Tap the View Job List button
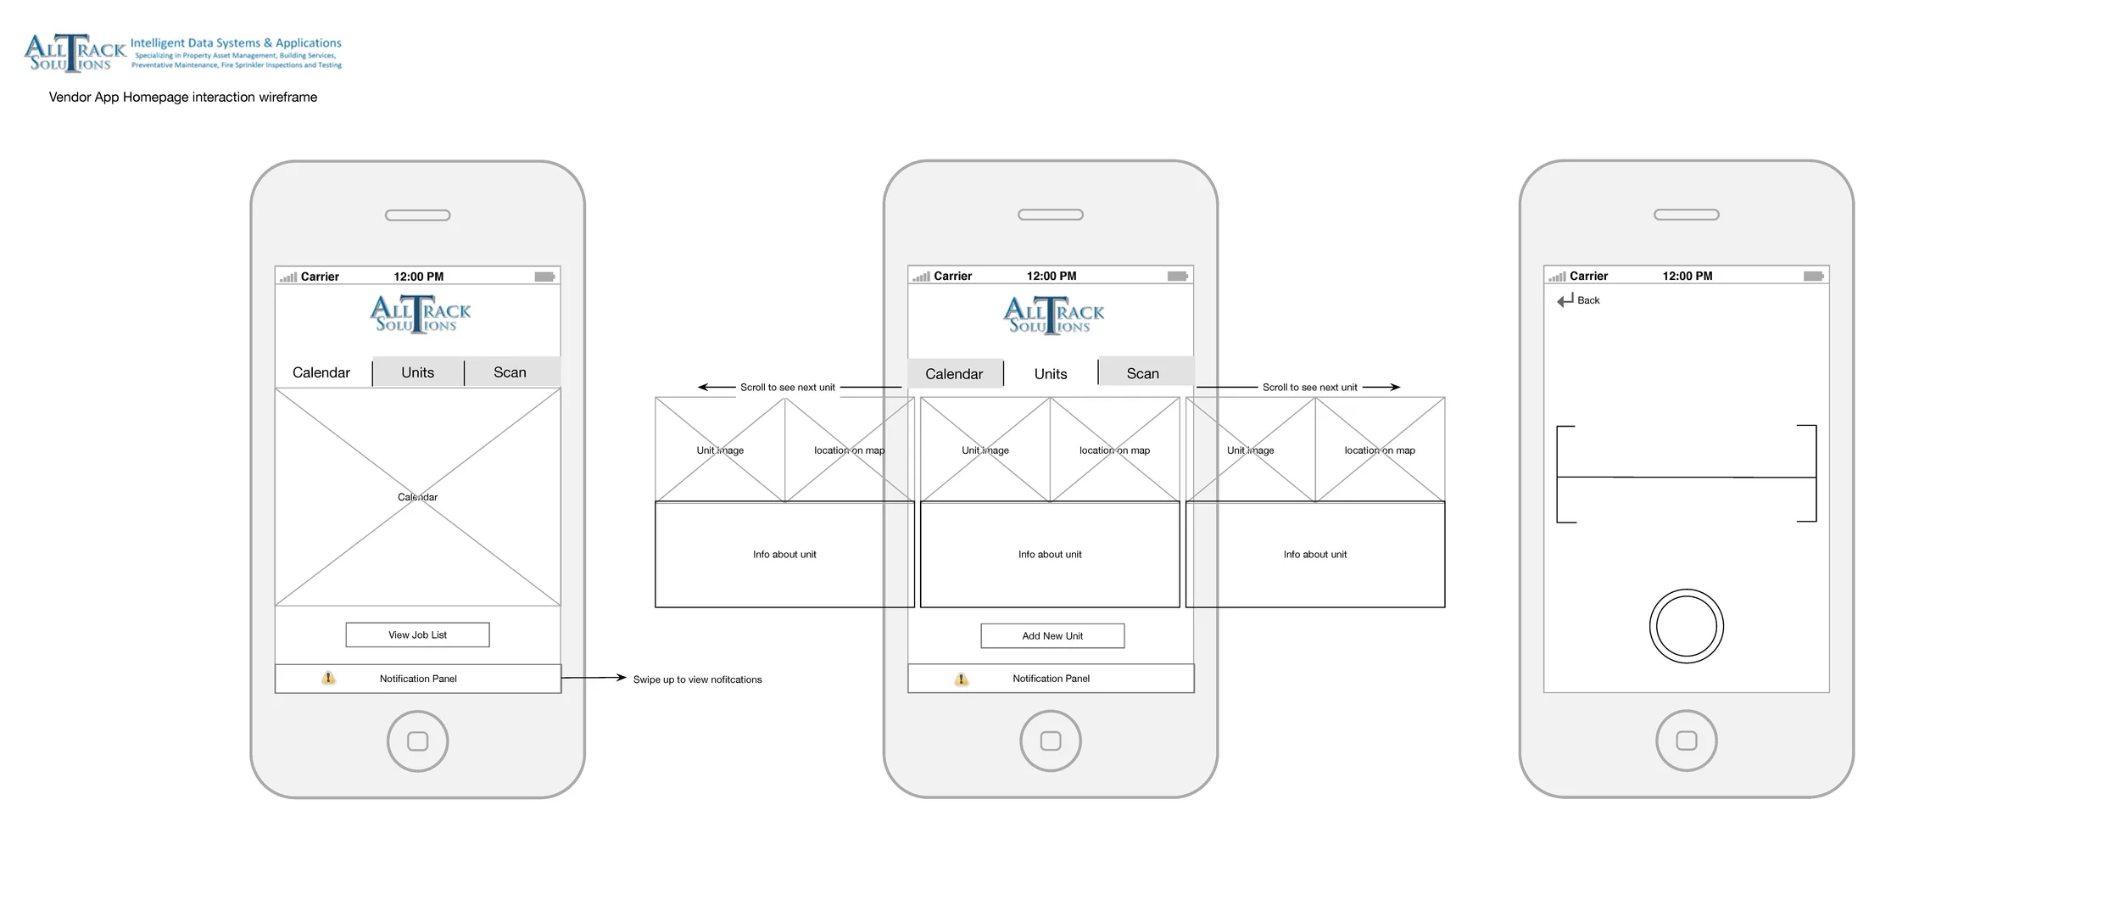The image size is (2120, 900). [x=417, y=634]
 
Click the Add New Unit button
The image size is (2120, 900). [x=1052, y=635]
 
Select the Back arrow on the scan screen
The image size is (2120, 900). [x=1565, y=300]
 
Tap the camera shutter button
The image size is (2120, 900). [x=1686, y=626]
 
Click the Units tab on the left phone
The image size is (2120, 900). [x=417, y=372]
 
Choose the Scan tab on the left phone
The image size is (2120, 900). [x=510, y=372]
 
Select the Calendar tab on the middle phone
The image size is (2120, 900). [x=954, y=374]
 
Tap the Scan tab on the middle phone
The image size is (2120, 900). [x=1142, y=373]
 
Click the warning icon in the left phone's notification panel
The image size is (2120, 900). [x=328, y=678]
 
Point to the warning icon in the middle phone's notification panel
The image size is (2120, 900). [x=961, y=679]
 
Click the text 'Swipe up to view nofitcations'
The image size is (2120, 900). [x=697, y=679]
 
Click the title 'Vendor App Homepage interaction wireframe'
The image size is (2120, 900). [x=183, y=98]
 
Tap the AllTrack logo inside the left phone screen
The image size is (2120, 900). [x=420, y=315]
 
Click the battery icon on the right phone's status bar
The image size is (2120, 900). [x=1813, y=277]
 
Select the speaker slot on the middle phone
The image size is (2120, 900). [x=1050, y=215]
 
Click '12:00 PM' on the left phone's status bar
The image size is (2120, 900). [x=418, y=277]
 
